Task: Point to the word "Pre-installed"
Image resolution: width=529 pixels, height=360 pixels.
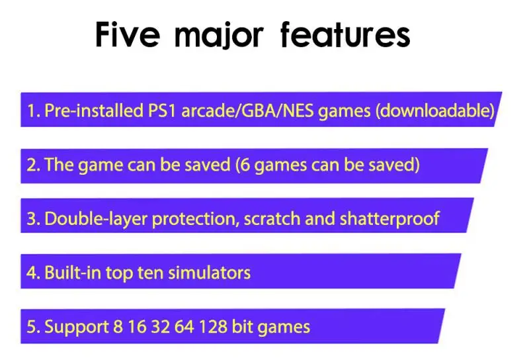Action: pyautogui.click(x=91, y=111)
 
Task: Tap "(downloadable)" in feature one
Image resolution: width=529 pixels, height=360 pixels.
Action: pyautogui.click(x=434, y=111)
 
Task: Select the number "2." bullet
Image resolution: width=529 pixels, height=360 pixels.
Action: pyautogui.click(x=33, y=165)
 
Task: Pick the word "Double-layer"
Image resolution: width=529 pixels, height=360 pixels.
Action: pyautogui.click(x=97, y=218)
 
